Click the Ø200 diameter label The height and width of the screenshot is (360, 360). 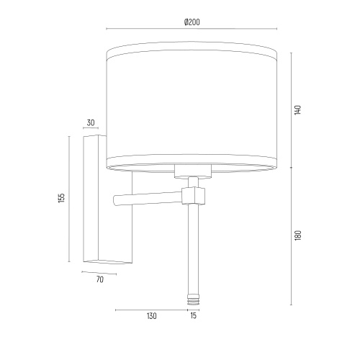coord(192,22)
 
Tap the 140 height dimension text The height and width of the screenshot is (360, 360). coord(297,109)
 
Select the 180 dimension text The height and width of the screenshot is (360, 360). coord(297,235)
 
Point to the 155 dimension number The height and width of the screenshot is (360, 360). coord(62,198)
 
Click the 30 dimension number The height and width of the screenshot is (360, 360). coord(91,122)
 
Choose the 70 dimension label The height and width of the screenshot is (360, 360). coord(100,279)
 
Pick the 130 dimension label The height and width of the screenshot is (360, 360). coord(151,316)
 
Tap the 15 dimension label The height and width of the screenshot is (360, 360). coord(193,315)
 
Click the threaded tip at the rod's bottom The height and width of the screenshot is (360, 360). coord(193,299)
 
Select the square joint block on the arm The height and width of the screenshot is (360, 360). coord(194,196)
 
